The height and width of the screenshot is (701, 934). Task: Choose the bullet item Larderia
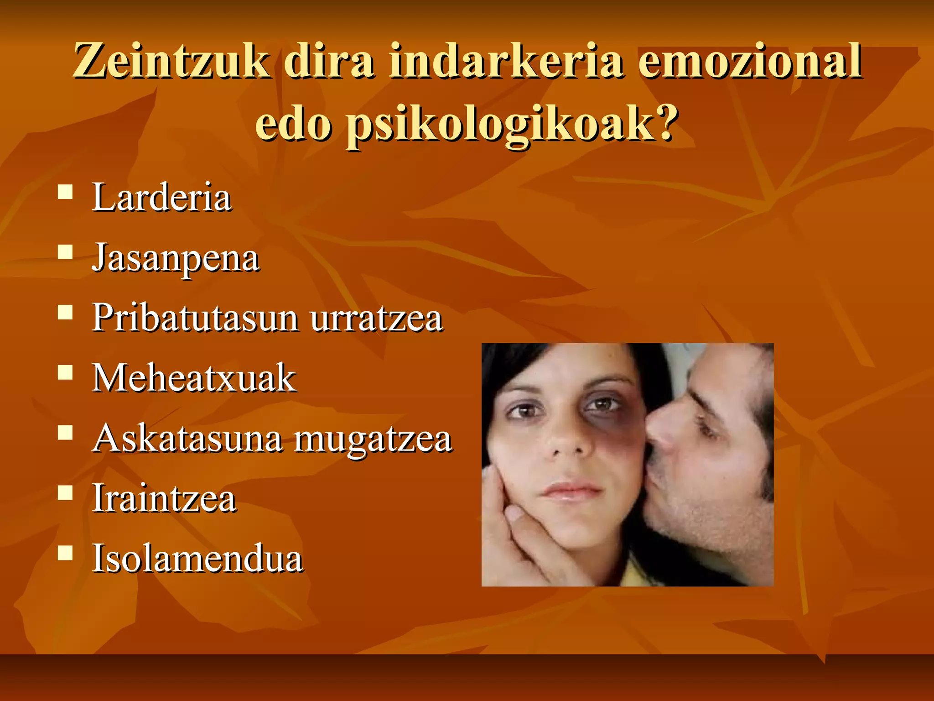click(x=162, y=198)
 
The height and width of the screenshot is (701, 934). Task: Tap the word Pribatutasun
click(x=196, y=318)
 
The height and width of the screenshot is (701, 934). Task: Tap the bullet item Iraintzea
click(x=164, y=499)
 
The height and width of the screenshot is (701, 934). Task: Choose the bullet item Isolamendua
click(x=197, y=559)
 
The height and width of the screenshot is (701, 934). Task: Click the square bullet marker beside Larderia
click(x=66, y=192)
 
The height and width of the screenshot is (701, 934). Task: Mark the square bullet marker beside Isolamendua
click(x=66, y=553)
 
